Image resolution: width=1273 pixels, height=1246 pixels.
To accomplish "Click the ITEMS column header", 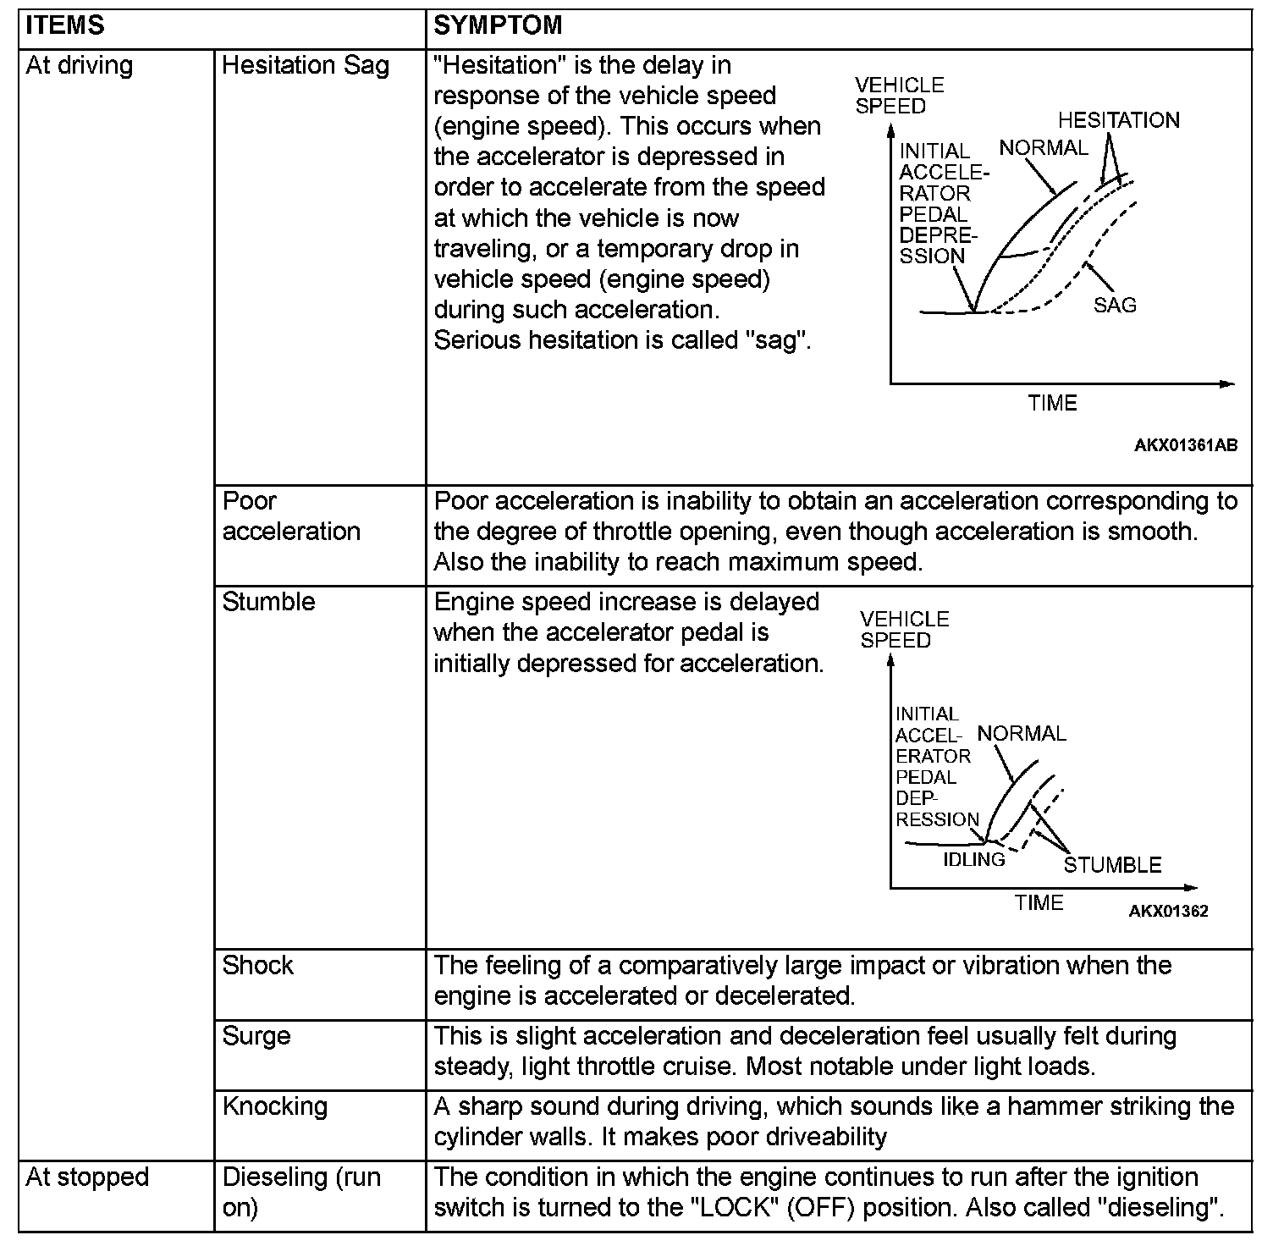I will click(65, 25).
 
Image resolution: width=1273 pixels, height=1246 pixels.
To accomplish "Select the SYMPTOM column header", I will click(498, 25).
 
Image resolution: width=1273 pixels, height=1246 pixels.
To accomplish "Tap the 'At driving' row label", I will click(80, 66).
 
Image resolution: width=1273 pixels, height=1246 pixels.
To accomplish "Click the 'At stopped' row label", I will click(87, 1177).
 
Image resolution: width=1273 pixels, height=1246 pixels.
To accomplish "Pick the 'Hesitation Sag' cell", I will click(306, 66).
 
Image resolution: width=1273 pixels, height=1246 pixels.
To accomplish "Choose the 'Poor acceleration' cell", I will click(291, 516).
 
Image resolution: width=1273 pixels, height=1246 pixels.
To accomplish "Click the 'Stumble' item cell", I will click(268, 602).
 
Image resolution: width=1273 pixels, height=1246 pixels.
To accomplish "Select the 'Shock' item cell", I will click(257, 966).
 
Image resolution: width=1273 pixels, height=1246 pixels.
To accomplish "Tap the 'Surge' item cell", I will click(256, 1036).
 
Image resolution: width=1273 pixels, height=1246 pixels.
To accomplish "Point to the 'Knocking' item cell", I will click(274, 1106).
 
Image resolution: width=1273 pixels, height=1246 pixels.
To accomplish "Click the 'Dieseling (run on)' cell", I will click(300, 1192).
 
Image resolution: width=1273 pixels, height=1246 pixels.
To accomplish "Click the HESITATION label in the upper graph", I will click(1118, 120).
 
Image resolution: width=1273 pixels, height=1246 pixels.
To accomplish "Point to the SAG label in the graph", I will click(1114, 305).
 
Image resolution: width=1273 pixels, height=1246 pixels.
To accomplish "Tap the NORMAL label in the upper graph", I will click(1043, 148).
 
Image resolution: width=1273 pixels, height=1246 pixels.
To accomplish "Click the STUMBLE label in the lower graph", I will click(1112, 865).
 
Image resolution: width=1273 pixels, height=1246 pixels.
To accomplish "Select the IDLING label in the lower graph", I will click(974, 859).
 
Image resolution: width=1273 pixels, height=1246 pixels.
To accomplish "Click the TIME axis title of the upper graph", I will click(1053, 404).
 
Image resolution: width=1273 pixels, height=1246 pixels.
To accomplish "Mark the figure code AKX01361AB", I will click(1186, 446).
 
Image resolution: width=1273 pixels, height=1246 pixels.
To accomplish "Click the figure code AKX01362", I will click(1168, 912).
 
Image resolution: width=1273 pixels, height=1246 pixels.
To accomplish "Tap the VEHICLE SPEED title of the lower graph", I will click(904, 630).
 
